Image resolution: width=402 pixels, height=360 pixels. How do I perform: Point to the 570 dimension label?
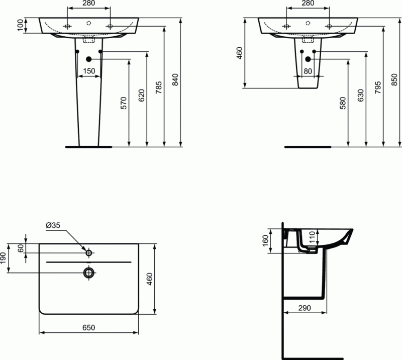click(x=124, y=103)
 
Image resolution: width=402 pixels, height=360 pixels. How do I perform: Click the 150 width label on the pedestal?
click(x=89, y=71)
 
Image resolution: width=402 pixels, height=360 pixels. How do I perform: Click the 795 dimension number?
click(x=378, y=86)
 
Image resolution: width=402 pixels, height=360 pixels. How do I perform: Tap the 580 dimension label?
click(x=343, y=103)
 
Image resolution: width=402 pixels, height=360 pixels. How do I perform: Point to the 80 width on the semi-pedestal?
click(x=308, y=71)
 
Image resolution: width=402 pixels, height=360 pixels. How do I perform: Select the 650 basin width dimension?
click(x=89, y=327)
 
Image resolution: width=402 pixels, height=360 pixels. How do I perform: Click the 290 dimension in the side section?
click(x=305, y=308)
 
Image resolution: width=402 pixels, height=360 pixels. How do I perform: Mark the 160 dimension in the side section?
click(x=265, y=241)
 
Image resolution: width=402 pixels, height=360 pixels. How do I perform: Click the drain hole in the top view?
click(x=89, y=273)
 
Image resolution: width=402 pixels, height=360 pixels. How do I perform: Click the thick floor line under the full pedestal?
click(x=89, y=147)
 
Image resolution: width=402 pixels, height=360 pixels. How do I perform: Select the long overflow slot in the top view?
click(x=89, y=262)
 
